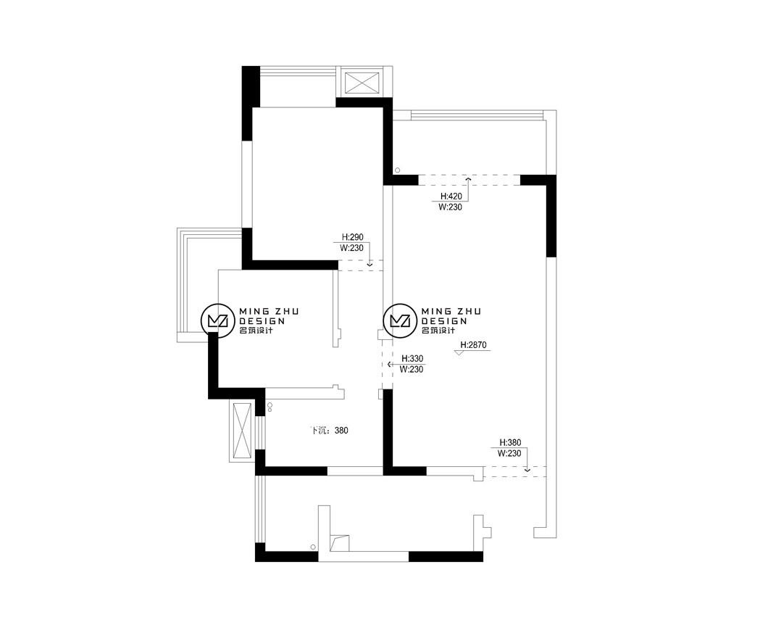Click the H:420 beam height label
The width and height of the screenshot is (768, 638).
click(451, 196)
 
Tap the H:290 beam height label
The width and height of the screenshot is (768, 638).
click(352, 237)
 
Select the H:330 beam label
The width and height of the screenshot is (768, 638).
click(412, 359)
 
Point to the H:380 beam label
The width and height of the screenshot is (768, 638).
click(510, 442)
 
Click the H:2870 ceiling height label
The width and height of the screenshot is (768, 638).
click(474, 345)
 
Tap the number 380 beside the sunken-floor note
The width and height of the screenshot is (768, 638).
click(341, 431)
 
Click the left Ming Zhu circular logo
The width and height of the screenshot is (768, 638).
click(215, 320)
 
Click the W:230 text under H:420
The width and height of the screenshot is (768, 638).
click(450, 207)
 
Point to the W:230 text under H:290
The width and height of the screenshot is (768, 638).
click(351, 248)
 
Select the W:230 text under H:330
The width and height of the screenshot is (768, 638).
click(412, 370)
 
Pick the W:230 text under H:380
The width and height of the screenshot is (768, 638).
click(509, 454)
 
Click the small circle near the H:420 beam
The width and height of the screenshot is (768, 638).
click(398, 170)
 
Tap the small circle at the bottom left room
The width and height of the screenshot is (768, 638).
click(312, 547)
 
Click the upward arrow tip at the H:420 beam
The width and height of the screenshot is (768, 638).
click(468, 178)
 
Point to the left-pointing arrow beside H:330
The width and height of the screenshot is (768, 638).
click(390, 365)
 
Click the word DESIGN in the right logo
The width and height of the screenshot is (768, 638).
click(444, 321)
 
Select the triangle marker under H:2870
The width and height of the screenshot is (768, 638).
click(459, 352)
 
